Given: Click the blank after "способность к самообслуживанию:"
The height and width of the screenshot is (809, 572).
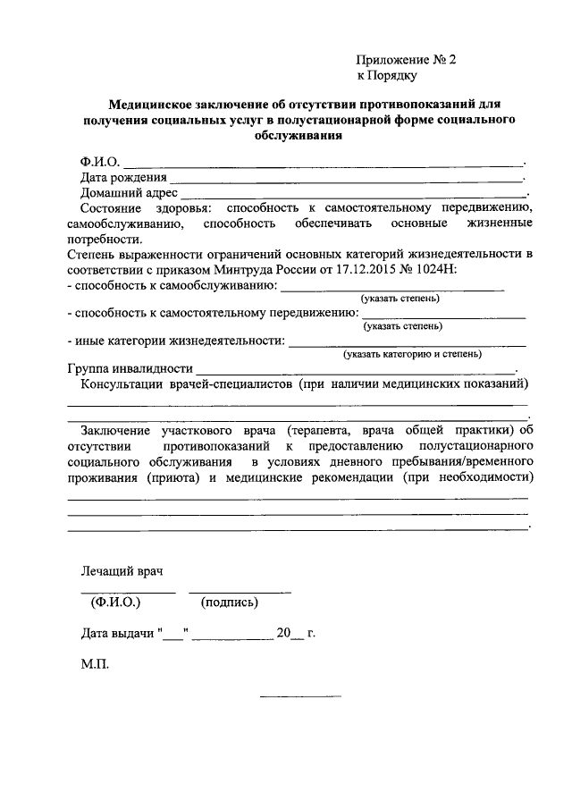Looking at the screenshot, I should (392, 287).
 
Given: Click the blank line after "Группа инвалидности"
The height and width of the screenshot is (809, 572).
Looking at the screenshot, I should (356, 368).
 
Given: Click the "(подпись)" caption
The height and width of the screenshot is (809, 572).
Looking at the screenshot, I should (230, 602).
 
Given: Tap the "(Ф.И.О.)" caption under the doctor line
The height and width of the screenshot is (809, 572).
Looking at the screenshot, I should (116, 602).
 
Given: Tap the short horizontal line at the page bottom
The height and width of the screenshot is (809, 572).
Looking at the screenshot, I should (300, 696).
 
